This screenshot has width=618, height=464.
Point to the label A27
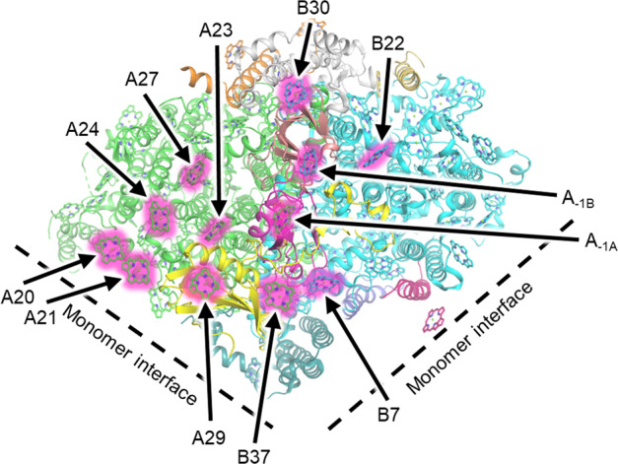pyautogui.click(x=143, y=78)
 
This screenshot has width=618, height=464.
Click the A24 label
pyautogui.click(x=85, y=129)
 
